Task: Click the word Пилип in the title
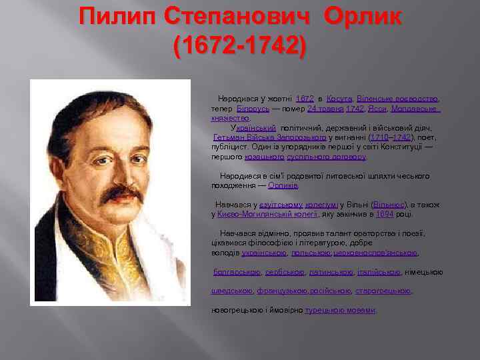117,16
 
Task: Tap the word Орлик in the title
363,16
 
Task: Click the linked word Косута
340,98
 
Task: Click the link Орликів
283,185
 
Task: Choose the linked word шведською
232,291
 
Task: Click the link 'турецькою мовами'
340,310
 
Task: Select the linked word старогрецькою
383,291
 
